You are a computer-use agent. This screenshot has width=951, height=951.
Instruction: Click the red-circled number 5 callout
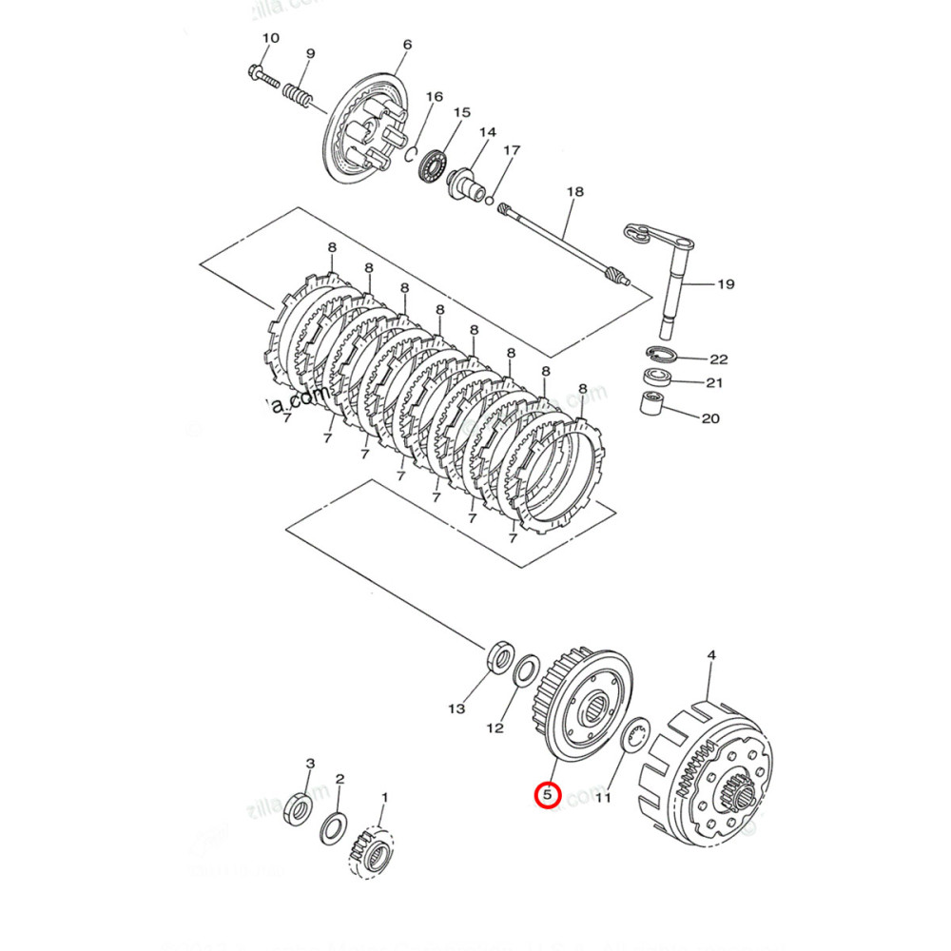click(x=548, y=793)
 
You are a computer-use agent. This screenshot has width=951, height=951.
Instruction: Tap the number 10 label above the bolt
click(x=270, y=38)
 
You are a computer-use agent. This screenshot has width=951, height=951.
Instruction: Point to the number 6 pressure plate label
click(x=407, y=45)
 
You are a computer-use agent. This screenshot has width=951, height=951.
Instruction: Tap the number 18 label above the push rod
click(x=573, y=192)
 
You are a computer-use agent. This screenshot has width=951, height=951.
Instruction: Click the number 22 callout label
click(x=718, y=359)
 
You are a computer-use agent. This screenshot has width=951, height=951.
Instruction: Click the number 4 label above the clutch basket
click(x=711, y=655)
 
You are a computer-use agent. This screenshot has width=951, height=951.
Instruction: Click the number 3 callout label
click(x=309, y=763)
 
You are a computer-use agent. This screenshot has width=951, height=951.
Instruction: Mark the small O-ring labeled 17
click(x=490, y=201)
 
